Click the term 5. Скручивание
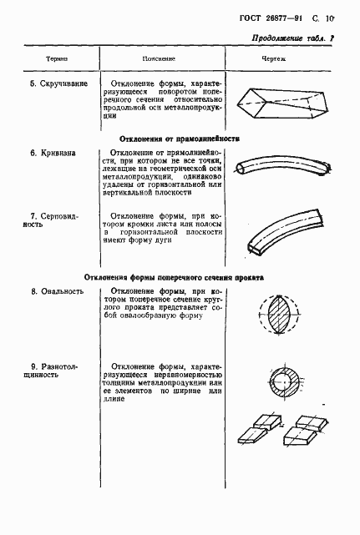point(53,85)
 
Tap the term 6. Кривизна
point(49,154)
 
